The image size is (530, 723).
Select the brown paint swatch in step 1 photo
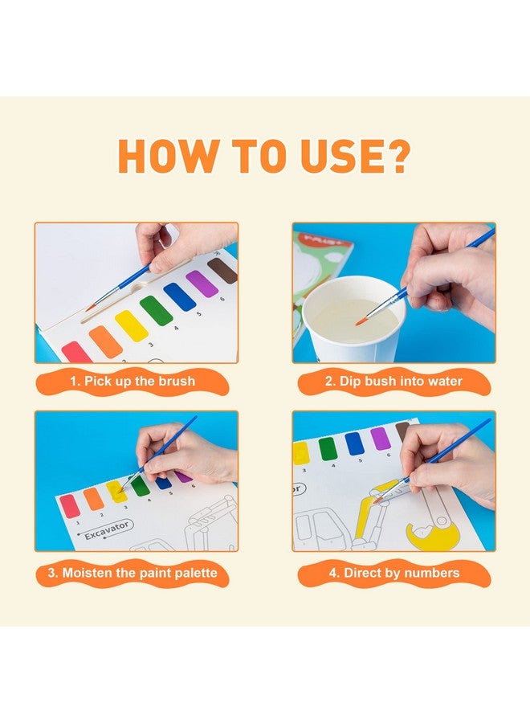(222, 271)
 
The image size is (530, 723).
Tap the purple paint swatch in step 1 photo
(202, 284)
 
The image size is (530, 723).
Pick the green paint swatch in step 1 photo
(156, 311)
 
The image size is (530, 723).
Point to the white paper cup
(353, 321)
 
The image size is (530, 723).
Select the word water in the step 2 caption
(443, 382)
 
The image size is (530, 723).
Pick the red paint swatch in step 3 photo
(70, 505)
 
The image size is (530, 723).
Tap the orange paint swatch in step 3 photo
(93, 499)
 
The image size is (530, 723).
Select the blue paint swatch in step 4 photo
(354, 443)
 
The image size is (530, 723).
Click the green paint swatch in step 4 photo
(328, 448)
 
